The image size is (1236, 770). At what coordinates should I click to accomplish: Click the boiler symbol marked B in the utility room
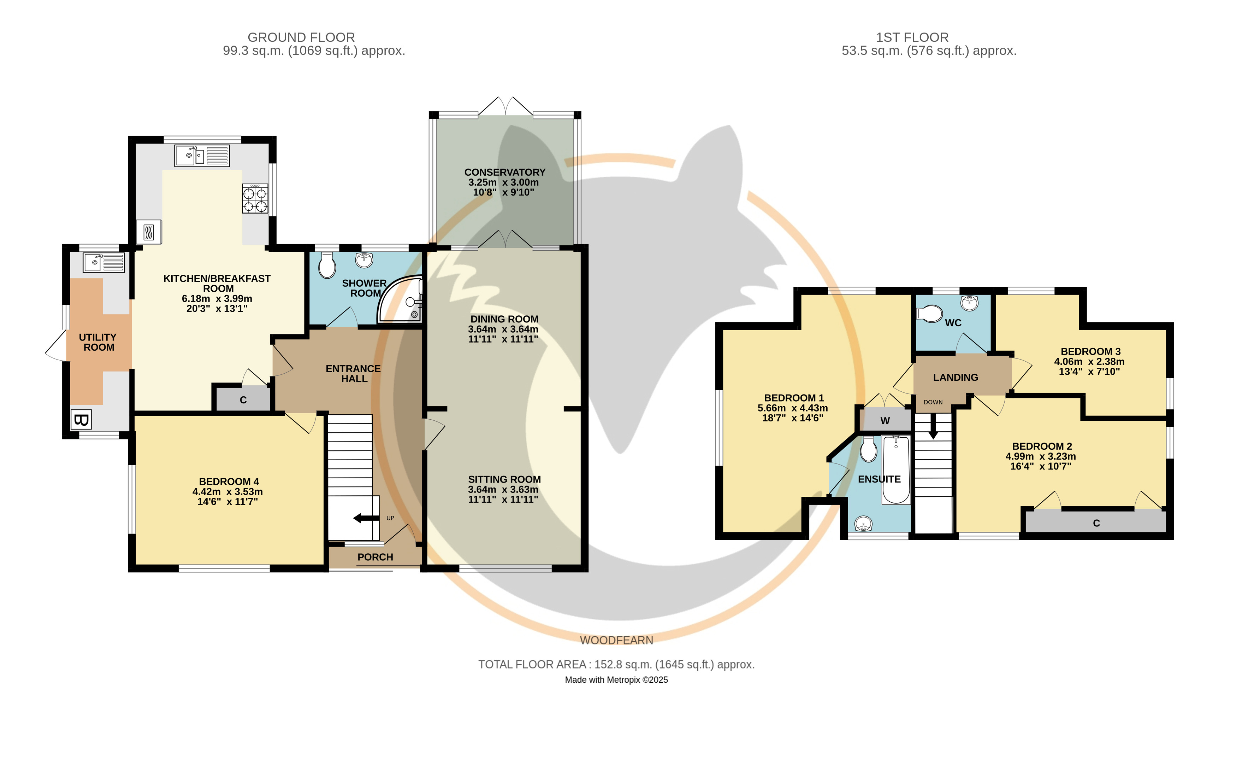81,420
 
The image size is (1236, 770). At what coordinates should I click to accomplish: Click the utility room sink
104,263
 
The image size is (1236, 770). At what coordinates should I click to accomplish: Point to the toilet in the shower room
327,265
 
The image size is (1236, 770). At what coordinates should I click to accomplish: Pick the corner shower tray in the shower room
402,301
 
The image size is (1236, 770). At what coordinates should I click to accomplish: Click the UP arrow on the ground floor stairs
366,518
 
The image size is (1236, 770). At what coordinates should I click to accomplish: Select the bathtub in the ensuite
896,469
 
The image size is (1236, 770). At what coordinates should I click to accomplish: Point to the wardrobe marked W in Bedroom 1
885,420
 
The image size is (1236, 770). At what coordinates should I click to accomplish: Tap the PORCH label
375,557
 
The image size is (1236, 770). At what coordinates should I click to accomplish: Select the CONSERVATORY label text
505,172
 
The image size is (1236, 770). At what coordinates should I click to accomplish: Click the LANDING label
955,377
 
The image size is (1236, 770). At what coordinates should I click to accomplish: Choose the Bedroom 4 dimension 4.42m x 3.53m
227,491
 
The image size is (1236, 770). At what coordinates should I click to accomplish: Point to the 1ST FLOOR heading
912,37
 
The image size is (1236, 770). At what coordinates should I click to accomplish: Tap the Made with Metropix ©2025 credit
616,680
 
